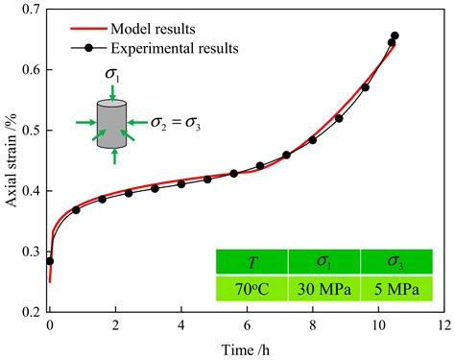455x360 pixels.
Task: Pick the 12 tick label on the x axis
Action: [444, 326]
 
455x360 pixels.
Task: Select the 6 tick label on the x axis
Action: [247, 326]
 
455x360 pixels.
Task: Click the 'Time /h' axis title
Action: [247, 348]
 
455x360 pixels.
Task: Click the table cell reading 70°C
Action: [251, 290]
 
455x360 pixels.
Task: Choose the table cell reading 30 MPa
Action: [324, 290]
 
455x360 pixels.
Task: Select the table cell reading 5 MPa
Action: [395, 290]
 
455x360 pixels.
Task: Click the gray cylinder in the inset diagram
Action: [114, 122]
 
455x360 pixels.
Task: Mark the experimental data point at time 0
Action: [50, 261]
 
